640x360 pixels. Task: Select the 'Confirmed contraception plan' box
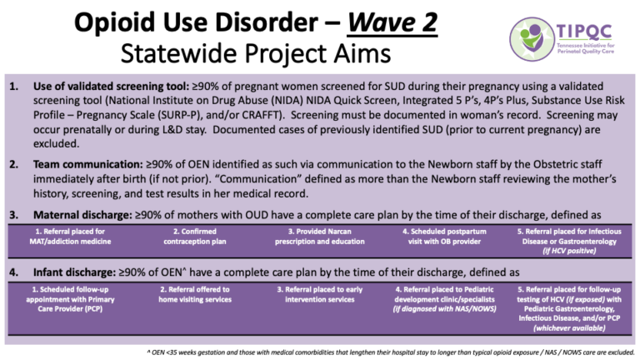[196, 236]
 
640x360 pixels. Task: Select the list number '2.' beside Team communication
[13, 167]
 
